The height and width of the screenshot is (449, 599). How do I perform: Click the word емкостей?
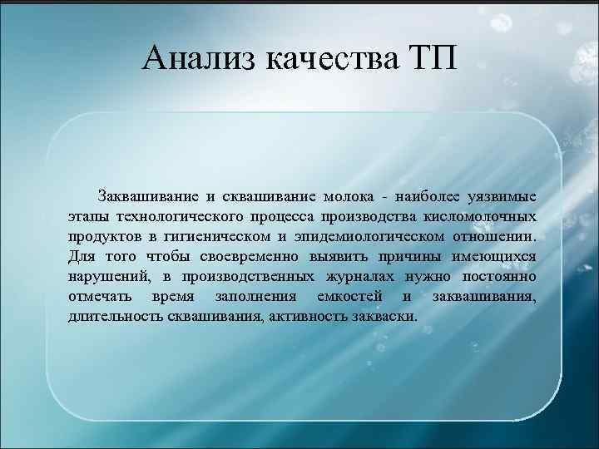click(339, 297)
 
